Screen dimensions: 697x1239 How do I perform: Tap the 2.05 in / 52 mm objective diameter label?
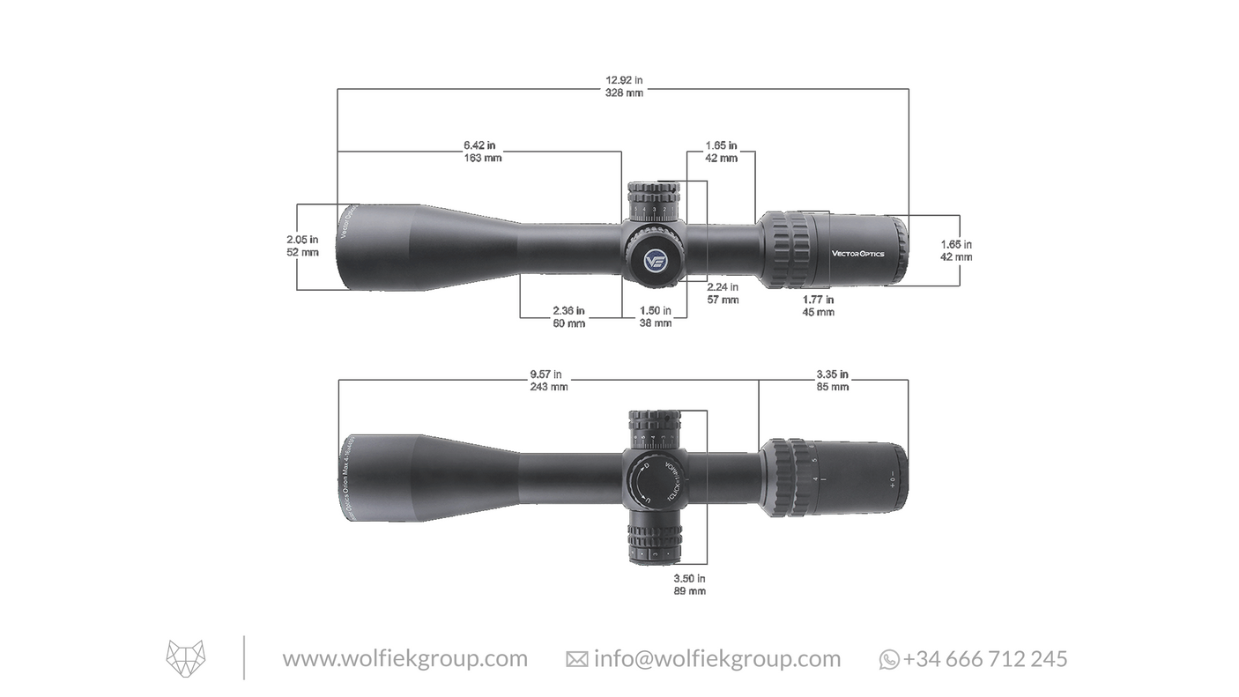[x=302, y=246]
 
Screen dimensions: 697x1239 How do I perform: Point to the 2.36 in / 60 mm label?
[x=568, y=317]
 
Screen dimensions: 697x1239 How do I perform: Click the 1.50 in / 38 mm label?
[x=655, y=317]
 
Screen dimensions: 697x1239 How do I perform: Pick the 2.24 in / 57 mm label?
[x=723, y=293]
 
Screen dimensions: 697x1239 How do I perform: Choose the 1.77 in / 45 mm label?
[x=818, y=306]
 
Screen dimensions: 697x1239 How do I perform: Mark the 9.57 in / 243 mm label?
[x=548, y=380]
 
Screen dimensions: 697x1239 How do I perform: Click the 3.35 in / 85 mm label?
[x=832, y=380]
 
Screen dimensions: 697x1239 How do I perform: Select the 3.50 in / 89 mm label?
[x=689, y=584]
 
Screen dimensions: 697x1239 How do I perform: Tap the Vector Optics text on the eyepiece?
[x=857, y=254]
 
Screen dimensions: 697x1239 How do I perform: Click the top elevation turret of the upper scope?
[x=654, y=201]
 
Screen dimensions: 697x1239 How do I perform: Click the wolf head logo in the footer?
[x=186, y=659]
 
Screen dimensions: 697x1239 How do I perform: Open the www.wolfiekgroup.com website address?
[x=404, y=659]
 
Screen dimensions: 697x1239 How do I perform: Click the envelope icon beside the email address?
[x=576, y=660]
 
